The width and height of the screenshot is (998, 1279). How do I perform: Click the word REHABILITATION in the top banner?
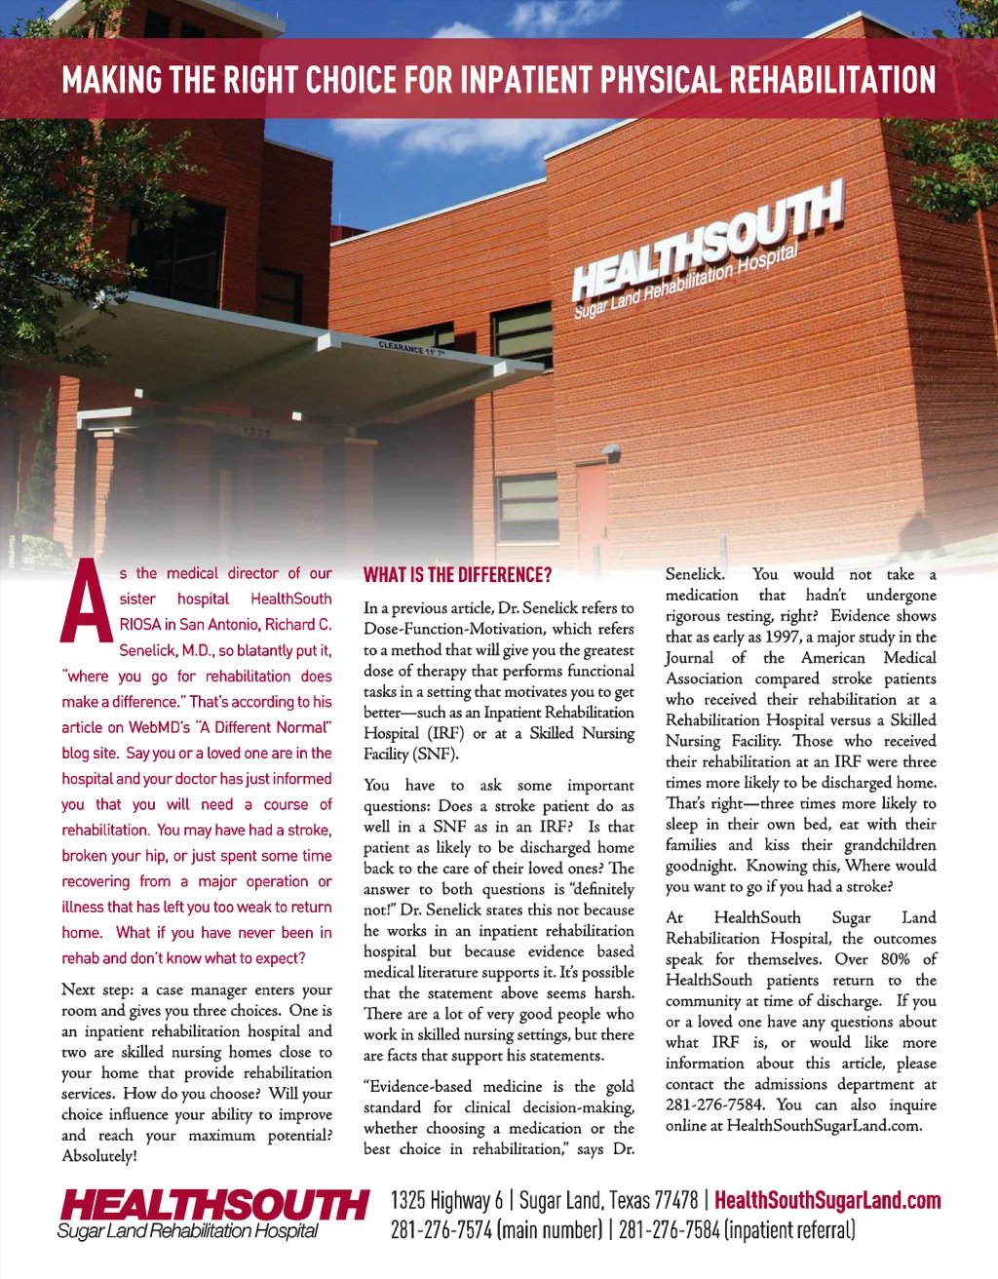[x=833, y=80]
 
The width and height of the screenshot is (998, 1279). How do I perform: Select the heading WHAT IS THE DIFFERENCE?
[x=457, y=575]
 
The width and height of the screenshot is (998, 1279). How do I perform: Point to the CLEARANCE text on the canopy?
[x=410, y=348]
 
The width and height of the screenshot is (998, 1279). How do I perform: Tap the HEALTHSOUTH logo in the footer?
[x=213, y=1205]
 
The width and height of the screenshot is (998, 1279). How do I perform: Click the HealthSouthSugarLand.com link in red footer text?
[x=827, y=1201]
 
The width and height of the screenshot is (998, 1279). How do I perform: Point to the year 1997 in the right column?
[x=783, y=637]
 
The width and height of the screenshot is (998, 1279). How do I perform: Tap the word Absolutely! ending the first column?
[x=99, y=1156]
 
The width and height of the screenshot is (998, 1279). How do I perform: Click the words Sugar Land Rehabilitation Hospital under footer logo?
[x=188, y=1231]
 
